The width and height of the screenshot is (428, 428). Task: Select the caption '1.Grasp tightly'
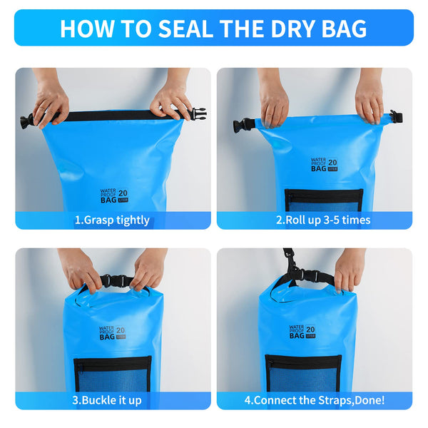(x=112, y=220)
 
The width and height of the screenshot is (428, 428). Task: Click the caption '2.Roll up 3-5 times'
(x=323, y=220)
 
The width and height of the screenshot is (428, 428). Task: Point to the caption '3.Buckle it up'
(x=107, y=400)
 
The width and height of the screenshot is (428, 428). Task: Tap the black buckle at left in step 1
(x=27, y=121)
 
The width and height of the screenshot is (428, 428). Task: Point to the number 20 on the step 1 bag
(x=122, y=193)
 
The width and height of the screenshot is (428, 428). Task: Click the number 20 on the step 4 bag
(x=311, y=330)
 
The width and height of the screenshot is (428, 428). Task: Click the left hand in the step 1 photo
(x=51, y=101)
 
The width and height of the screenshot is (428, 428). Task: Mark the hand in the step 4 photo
(x=350, y=269)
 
